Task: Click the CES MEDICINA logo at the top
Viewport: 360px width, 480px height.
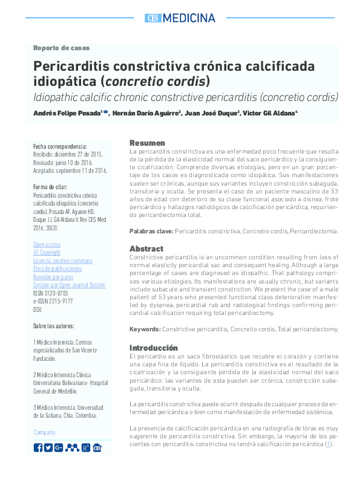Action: tap(180, 18)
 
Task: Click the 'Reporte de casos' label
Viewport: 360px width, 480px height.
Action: tap(61, 48)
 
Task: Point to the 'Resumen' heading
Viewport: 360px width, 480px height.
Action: tap(147, 143)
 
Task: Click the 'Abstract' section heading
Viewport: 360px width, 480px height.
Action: tap(146, 248)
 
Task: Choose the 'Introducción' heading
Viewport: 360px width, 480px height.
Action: tap(154, 348)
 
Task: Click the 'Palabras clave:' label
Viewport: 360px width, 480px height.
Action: tap(151, 231)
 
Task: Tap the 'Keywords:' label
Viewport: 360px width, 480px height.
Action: tap(145, 329)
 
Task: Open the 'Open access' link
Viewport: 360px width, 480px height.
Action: tap(47, 245)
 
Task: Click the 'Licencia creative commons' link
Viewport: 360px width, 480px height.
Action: tap(63, 261)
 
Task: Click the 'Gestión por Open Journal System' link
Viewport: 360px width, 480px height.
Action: tap(69, 285)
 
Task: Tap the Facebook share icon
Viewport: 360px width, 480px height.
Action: tap(38, 447)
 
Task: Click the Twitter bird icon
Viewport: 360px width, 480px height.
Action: tap(48, 447)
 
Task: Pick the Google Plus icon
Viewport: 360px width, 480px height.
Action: tap(59, 447)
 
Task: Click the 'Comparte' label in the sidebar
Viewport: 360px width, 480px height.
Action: tap(44, 432)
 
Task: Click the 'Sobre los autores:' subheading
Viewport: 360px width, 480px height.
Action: tap(54, 326)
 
